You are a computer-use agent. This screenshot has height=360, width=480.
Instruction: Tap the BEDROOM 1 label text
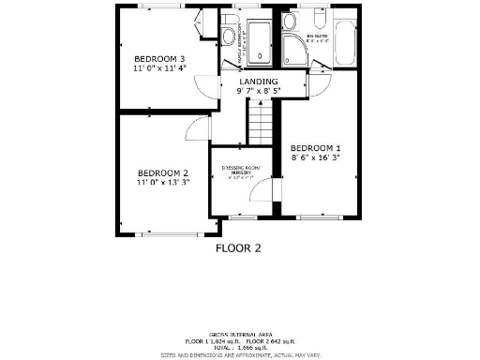click(315, 148)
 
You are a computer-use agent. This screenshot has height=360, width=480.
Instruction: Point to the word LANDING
click(258, 82)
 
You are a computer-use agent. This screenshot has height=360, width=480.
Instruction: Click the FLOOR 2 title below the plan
click(238, 248)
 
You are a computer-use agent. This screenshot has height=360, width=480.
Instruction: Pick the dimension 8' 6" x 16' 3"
click(315, 159)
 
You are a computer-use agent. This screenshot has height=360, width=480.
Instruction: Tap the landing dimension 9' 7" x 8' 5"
click(258, 92)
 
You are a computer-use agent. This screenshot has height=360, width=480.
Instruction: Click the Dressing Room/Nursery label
click(246, 171)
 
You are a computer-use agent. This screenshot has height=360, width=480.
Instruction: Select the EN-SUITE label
click(320, 37)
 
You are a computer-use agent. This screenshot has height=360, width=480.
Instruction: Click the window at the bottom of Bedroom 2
click(163, 232)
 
